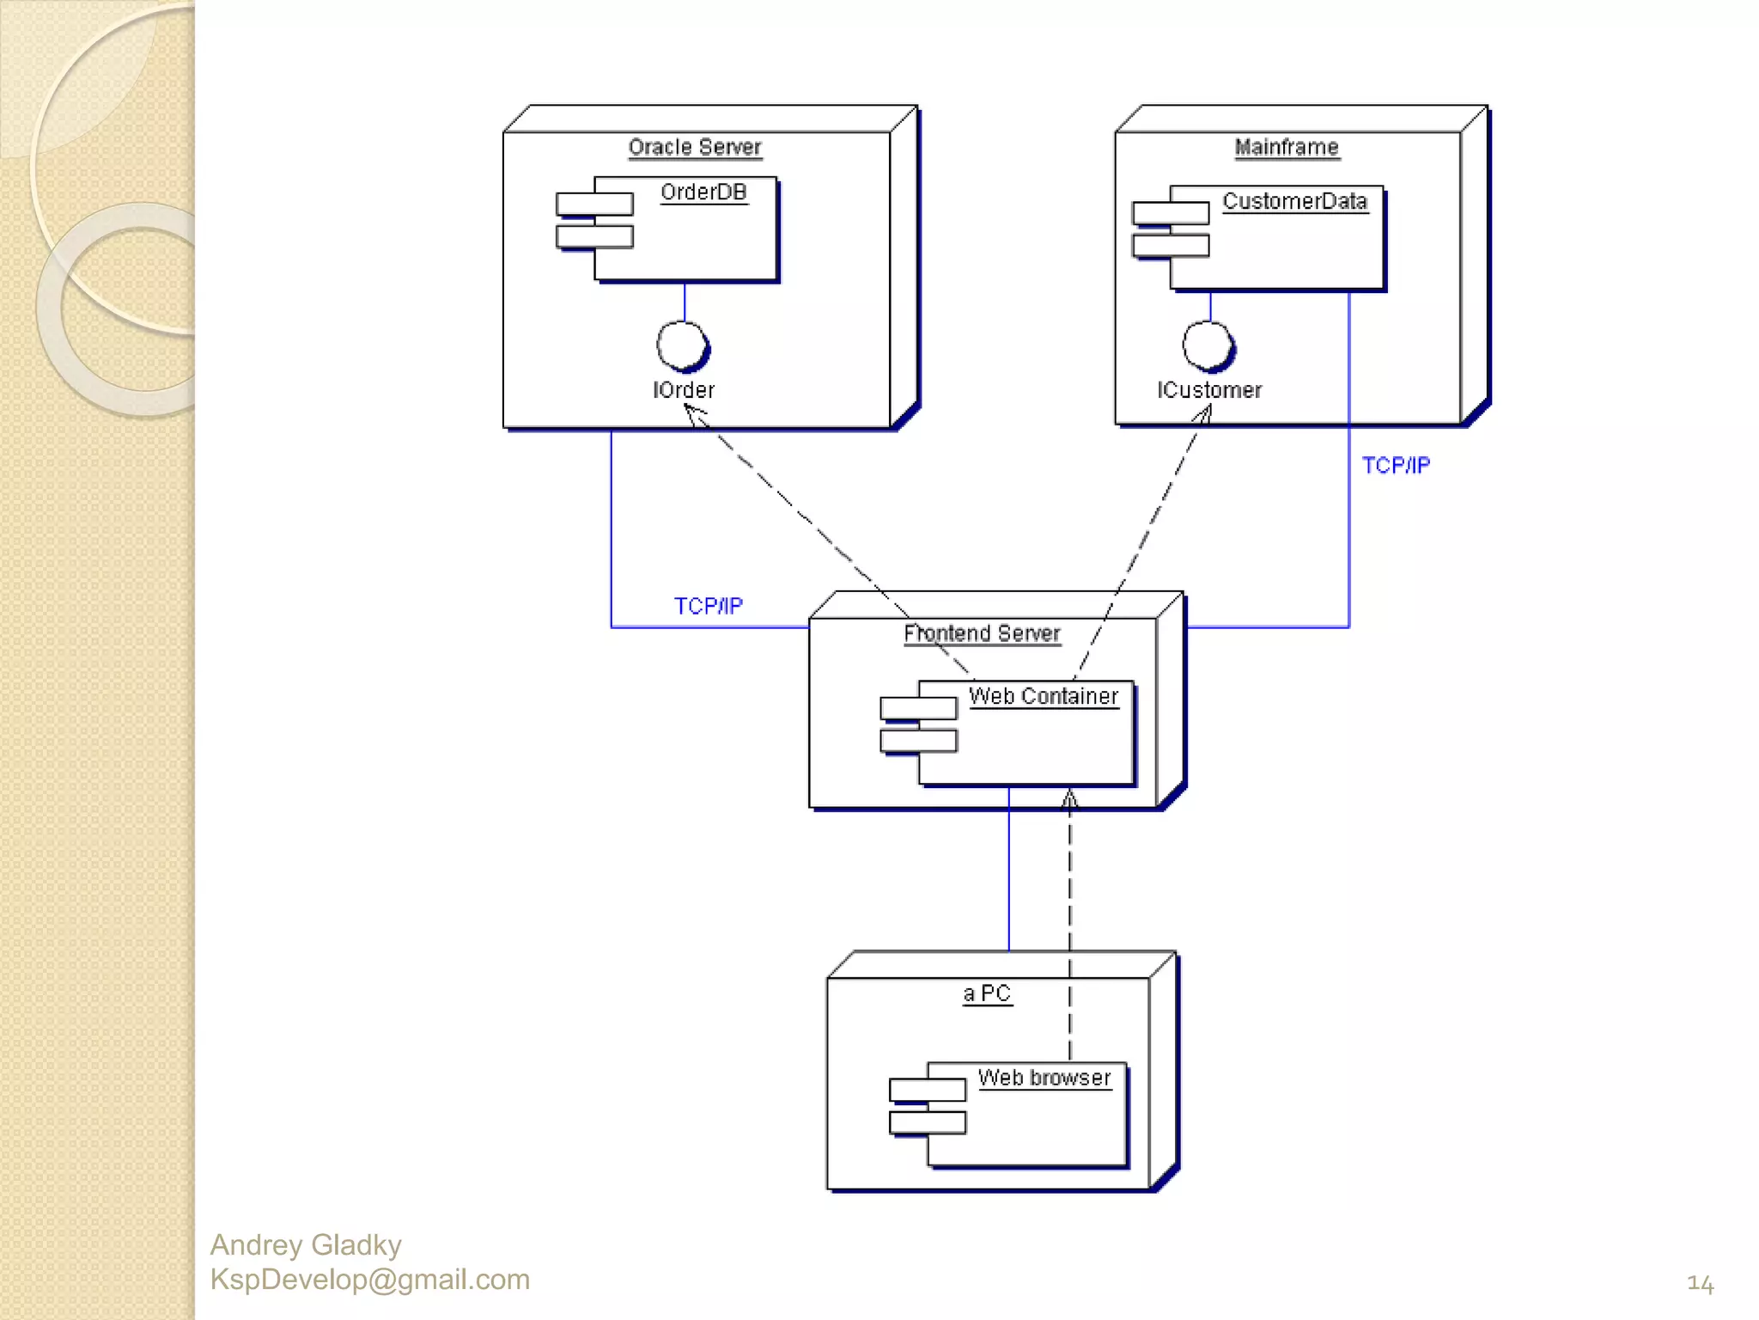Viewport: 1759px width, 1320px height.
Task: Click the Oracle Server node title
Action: pyautogui.click(x=695, y=147)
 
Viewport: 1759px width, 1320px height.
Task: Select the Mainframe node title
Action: pyautogui.click(x=1286, y=147)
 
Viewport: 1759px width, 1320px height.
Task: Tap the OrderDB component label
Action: pyautogui.click(x=703, y=192)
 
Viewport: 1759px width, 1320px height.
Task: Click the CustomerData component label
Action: pyautogui.click(x=1294, y=201)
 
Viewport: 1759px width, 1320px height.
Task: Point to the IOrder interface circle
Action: pyautogui.click(x=683, y=345)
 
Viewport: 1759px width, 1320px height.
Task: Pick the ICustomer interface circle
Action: pyautogui.click(x=1208, y=345)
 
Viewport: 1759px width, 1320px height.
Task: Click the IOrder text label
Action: pyautogui.click(x=684, y=390)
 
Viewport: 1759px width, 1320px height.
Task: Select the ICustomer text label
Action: pyautogui.click(x=1209, y=390)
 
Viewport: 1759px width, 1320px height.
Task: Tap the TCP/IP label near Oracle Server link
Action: pyautogui.click(x=708, y=606)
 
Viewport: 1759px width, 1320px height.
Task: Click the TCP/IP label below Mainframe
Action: pyautogui.click(x=1396, y=465)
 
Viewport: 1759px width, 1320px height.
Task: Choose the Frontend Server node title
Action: pyautogui.click(x=982, y=633)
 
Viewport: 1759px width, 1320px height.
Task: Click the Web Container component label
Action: pyautogui.click(x=1044, y=696)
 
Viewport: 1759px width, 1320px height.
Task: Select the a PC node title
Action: pyautogui.click(x=987, y=993)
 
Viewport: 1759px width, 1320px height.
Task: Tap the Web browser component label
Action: pyautogui.click(x=1044, y=1078)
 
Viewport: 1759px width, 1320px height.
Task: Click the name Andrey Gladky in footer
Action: pyautogui.click(x=306, y=1244)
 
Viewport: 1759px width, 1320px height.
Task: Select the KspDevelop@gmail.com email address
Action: pyautogui.click(x=369, y=1280)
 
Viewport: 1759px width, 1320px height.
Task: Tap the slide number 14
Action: pyautogui.click(x=1700, y=1284)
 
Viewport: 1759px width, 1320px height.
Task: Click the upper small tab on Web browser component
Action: pyautogui.click(x=928, y=1090)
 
